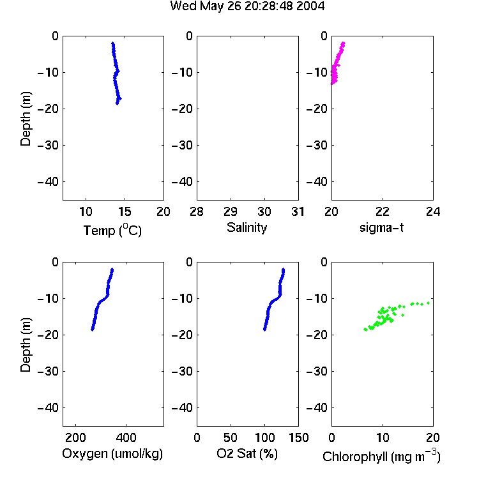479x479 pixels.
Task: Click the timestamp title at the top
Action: (x=247, y=6)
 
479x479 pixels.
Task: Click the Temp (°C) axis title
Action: (x=112, y=230)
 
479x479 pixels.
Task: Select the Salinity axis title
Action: (x=247, y=227)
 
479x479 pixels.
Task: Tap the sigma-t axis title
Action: (x=381, y=227)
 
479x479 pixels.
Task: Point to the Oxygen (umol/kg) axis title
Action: (x=112, y=454)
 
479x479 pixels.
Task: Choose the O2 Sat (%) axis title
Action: (x=247, y=453)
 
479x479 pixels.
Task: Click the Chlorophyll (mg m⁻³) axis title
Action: (x=381, y=457)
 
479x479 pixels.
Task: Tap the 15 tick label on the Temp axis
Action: (x=125, y=211)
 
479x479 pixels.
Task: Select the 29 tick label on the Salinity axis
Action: (x=231, y=211)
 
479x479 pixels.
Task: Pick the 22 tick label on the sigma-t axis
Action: (x=383, y=211)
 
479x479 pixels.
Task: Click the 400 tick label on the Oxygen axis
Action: (x=126, y=437)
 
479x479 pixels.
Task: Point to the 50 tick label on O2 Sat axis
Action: (x=231, y=437)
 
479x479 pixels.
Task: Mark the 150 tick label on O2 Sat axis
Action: (x=298, y=437)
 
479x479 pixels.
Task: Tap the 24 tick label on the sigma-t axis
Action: (x=433, y=211)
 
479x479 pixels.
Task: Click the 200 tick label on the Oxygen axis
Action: (x=75, y=437)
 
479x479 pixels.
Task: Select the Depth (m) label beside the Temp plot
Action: (x=26, y=119)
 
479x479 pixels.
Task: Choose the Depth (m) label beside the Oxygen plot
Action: (x=26, y=345)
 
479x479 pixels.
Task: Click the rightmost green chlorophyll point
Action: (x=429, y=303)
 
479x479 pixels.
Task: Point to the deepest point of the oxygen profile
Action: (x=92, y=330)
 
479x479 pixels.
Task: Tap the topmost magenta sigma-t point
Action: (x=343, y=43)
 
